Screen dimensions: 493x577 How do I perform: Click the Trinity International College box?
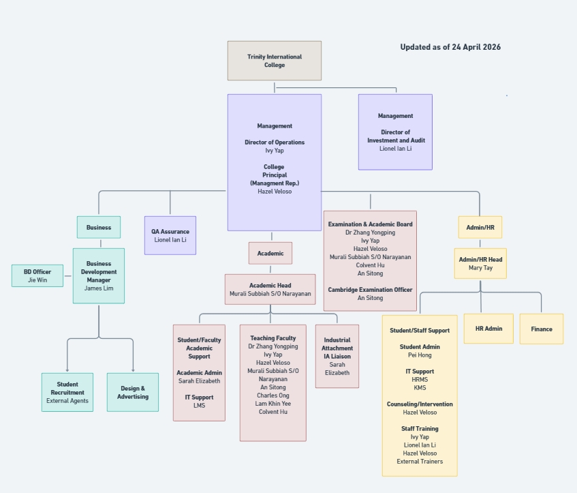[274, 61]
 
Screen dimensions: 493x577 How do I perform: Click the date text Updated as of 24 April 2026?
[450, 47]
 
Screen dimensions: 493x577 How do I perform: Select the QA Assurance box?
[170, 235]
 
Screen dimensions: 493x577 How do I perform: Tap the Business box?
[99, 227]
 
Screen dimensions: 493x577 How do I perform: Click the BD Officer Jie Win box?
[37, 275]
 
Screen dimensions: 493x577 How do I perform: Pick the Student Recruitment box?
[67, 392]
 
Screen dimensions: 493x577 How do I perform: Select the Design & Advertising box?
[132, 392]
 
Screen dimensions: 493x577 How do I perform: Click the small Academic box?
[270, 253]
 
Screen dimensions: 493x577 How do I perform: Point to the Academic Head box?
[270, 289]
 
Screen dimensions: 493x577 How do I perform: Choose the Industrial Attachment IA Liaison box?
[337, 356]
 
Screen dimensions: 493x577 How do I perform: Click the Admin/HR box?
[480, 227]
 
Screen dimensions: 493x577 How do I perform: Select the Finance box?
[542, 329]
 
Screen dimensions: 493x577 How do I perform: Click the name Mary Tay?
[480, 268]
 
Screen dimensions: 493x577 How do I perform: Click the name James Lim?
[99, 288]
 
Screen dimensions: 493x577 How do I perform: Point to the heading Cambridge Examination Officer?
[370, 290]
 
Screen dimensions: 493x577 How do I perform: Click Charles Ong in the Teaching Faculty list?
[272, 395]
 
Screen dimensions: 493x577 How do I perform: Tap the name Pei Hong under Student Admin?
[420, 355]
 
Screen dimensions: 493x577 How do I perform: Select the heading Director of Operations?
[275, 143]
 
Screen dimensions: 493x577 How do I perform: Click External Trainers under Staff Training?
[420, 462]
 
